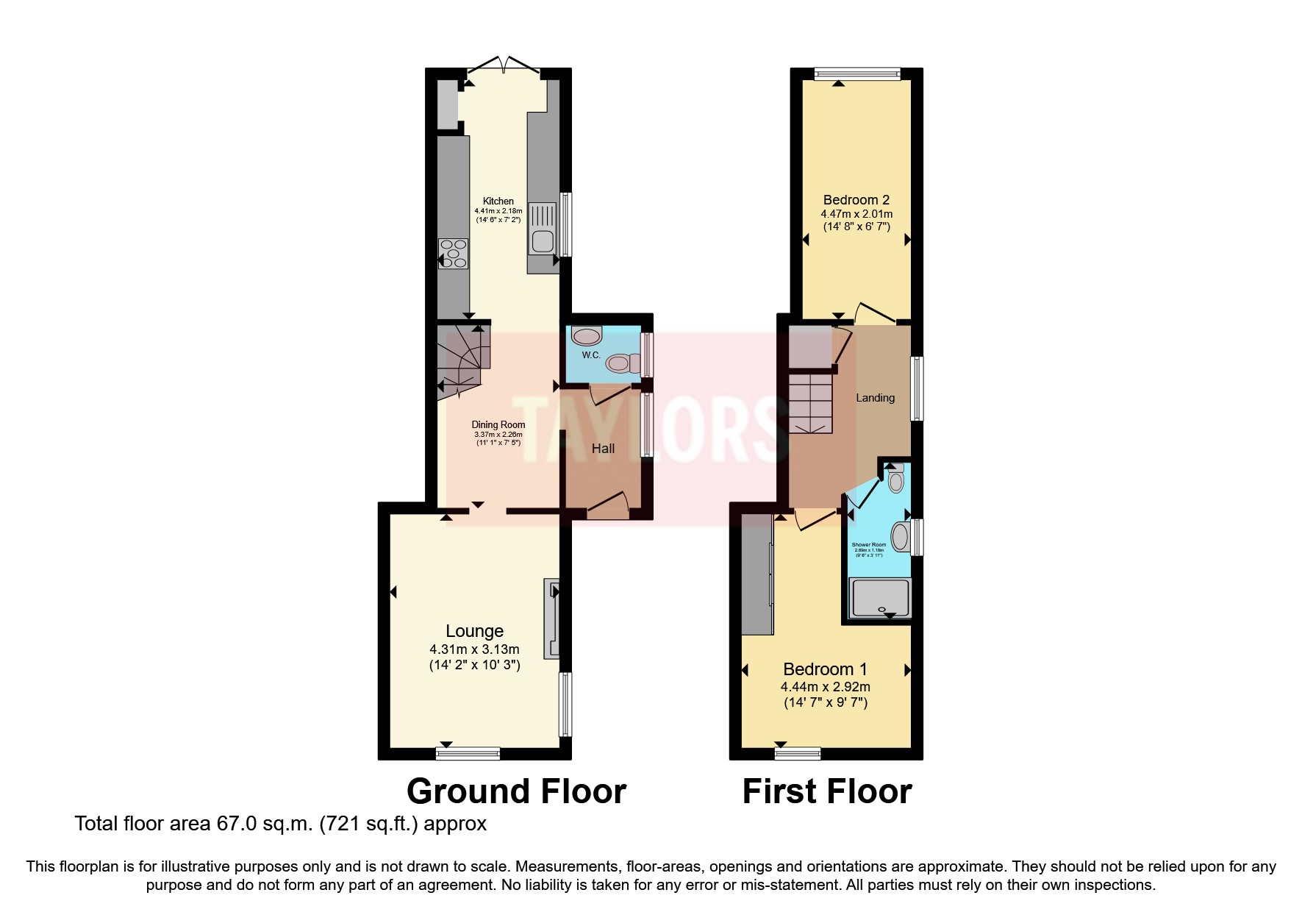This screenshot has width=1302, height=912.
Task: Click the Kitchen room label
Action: pos(498,201)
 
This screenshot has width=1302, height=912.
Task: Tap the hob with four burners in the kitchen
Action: pos(453,253)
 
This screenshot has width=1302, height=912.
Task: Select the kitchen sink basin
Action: pos(543,241)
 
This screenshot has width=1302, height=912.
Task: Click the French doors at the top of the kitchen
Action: pos(504,67)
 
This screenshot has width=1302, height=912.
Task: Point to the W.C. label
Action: pos(591,355)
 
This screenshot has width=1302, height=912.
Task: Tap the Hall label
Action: pos(603,448)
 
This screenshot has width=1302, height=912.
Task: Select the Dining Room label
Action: pos(498,424)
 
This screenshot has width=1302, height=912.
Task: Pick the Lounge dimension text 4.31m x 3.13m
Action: pos(474,649)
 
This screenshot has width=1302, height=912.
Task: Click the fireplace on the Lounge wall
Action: pos(551,618)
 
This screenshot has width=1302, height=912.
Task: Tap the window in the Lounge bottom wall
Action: pos(468,752)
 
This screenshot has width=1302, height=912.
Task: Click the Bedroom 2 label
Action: pos(856,199)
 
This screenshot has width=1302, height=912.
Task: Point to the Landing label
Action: pos(875,397)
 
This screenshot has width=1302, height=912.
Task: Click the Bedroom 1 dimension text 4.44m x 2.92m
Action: pos(825,686)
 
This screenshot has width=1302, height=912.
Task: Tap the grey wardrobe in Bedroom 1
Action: pos(757,574)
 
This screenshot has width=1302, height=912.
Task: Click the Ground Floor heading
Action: pos(516,791)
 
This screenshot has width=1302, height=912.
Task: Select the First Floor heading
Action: pos(826,791)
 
